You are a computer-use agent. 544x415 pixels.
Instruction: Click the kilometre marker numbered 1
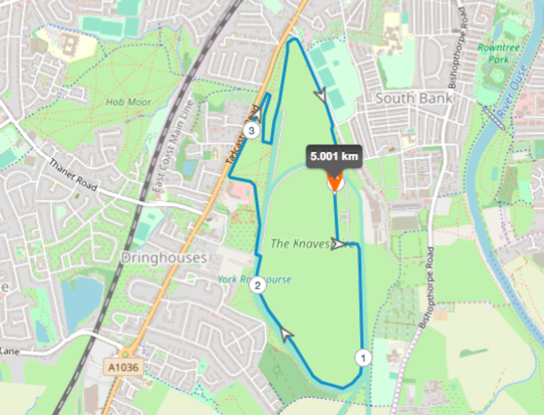(x=363, y=358)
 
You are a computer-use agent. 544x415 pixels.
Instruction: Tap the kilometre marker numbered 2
(x=257, y=285)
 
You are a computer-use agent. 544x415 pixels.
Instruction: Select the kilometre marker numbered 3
(x=251, y=131)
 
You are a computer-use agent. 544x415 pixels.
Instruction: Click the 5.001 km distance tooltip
(x=334, y=156)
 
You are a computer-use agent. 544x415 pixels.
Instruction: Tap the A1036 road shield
(x=123, y=367)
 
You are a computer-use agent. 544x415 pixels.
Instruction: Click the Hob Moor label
(x=128, y=102)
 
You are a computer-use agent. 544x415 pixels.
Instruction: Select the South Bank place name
(x=414, y=98)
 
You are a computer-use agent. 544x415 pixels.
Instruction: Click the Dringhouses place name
(x=164, y=258)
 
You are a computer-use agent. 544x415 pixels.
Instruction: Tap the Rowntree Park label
(x=499, y=54)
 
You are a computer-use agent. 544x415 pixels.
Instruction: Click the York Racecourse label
(x=255, y=279)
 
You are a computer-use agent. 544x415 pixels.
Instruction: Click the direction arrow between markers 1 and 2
(x=286, y=334)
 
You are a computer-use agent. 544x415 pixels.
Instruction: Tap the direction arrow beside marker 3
(x=257, y=114)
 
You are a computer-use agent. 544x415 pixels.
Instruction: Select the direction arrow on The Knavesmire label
(x=338, y=244)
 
